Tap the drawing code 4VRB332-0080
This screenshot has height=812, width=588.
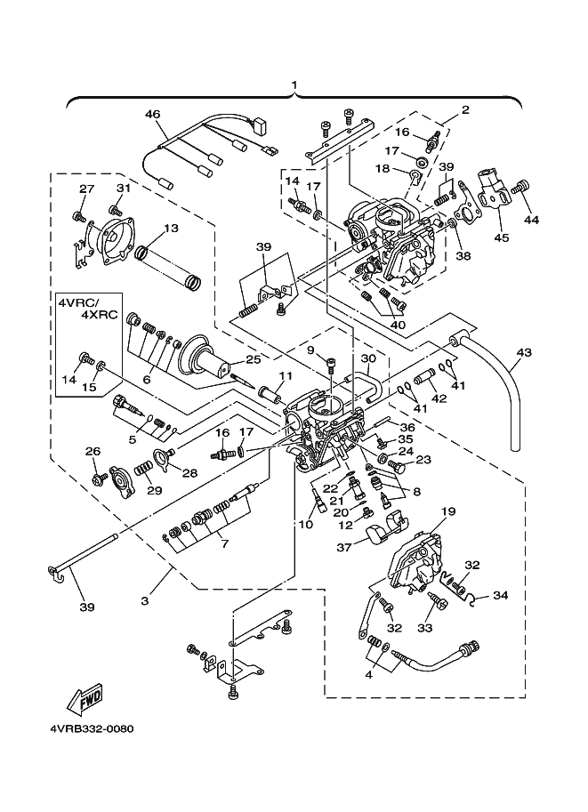pos(92,728)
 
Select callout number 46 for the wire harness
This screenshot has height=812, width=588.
pos(153,114)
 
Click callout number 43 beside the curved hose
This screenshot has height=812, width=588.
pos(523,353)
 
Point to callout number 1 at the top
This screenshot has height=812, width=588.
pos(294,84)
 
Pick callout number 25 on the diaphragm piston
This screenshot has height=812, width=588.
pos(254,358)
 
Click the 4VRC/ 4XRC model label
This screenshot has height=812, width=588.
pos(87,307)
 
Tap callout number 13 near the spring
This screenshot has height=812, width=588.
pos(171,229)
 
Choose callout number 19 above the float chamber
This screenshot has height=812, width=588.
pos(448,511)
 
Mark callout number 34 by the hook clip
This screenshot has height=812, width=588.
pos(501,595)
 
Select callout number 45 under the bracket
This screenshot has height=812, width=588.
pos(501,237)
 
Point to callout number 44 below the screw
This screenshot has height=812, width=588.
pos(531,220)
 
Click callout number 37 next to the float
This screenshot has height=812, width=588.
pos(344,548)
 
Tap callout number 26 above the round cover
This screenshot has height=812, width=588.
pos(93,452)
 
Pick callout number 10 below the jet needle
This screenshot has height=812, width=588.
pos(306,524)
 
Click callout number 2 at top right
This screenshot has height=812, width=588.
pos(464,109)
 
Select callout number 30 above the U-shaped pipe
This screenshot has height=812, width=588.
pos(367,358)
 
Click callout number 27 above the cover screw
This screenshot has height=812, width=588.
pos(86,189)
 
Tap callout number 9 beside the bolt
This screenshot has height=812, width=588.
pos(310,350)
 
